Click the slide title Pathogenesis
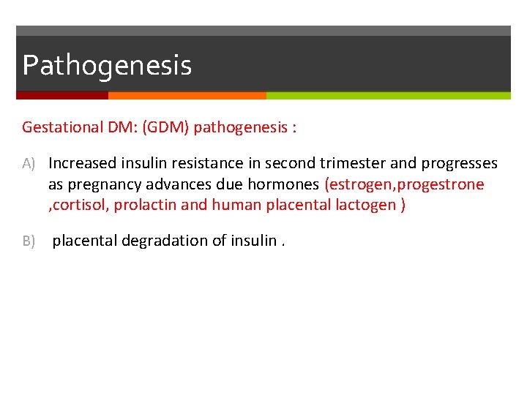click(107, 65)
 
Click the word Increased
click(82, 163)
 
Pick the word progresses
click(459, 163)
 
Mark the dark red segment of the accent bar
click(62, 95)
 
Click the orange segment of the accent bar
click(187, 95)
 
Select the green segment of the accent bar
click(388, 95)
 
